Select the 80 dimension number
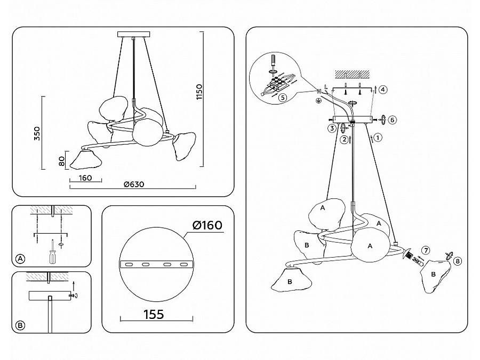pos(62,160)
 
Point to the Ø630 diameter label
pos(134,185)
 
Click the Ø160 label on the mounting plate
pos(205,226)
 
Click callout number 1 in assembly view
pos(378,138)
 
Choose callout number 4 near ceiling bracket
pos(383,90)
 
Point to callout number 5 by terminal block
pos(282,98)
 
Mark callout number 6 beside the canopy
pos(392,120)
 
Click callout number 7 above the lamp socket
pos(425,250)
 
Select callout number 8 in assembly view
pos(457,261)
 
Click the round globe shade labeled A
pos(370,246)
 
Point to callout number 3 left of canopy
pos(331,129)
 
